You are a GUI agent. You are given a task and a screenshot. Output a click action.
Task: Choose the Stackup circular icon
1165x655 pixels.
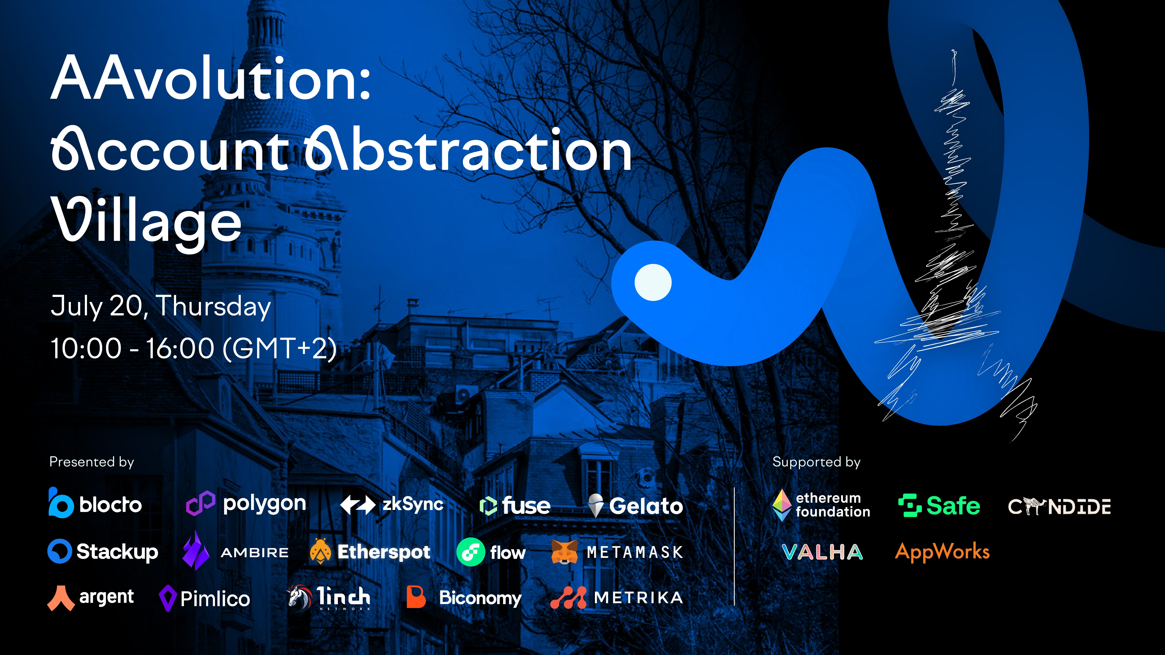point(60,551)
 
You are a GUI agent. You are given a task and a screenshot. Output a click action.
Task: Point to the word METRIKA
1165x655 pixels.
point(638,598)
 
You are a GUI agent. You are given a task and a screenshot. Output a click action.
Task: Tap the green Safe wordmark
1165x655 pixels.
point(953,505)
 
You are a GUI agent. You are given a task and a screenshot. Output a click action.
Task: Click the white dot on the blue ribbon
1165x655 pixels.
point(653,282)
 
